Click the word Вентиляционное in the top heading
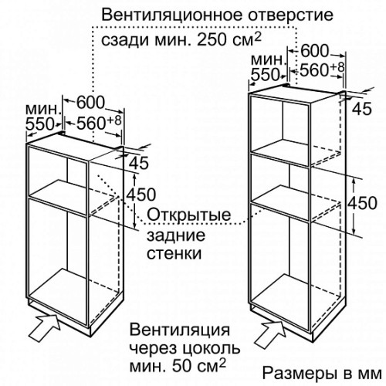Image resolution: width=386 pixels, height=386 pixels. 172,15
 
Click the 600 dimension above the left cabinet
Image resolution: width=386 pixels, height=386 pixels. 90,103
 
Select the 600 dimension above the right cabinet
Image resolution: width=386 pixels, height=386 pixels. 315,51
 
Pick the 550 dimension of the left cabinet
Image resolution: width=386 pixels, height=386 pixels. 39,124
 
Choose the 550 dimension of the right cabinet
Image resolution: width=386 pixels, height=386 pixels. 265,75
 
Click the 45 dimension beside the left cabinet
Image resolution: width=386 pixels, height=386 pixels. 139,163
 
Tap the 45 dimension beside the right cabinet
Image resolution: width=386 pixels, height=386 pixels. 362,109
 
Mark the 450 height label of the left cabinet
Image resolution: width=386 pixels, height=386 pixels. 141,195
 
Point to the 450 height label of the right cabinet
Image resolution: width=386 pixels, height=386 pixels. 362,203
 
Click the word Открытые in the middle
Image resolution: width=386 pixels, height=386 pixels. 189,215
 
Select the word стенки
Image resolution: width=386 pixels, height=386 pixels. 174,253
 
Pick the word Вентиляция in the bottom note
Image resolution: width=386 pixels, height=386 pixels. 179,330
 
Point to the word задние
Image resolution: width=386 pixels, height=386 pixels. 176,235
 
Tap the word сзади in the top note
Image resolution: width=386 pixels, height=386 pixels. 123,41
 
